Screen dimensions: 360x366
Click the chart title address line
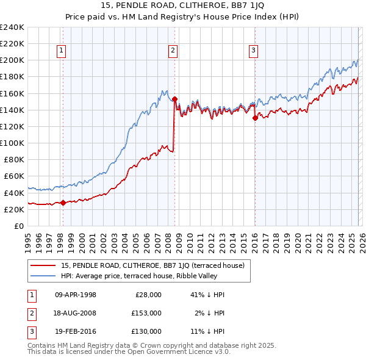coord(183,7)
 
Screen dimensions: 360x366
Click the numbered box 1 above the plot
coord(62,51)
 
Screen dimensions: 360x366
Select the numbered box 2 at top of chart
coord(173,51)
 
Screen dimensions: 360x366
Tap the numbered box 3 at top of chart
coord(253,51)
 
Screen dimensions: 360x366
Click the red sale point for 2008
coord(174,99)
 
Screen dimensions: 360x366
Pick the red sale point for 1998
coord(63,203)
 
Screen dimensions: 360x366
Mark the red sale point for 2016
coord(255,118)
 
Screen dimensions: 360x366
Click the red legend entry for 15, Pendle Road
coord(152,265)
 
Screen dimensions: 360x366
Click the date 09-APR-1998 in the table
coord(76,295)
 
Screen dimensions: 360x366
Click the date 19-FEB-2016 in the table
coord(76,331)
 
